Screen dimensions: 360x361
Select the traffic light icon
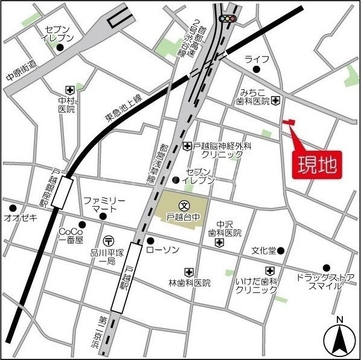(x=227, y=19)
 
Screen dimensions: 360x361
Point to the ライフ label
(x=257, y=58)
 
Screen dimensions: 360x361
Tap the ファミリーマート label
(x=103, y=204)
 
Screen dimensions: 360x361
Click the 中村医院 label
(x=66, y=104)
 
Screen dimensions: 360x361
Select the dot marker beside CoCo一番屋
(x=82, y=225)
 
